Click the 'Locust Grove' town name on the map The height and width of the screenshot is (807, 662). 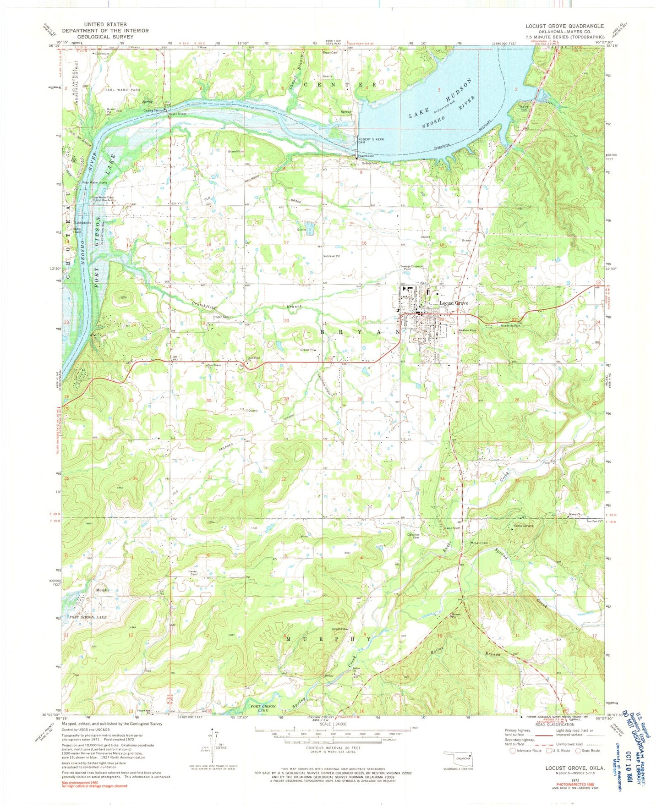click(x=454, y=303)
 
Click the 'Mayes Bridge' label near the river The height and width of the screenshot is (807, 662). click(x=176, y=114)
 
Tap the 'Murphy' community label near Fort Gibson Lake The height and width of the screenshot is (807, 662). click(x=103, y=590)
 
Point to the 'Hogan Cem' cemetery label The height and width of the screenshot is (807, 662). click(x=220, y=317)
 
